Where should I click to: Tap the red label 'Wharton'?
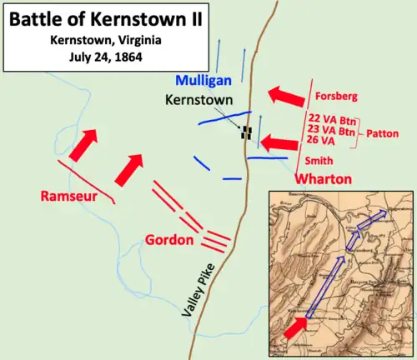click(324, 179)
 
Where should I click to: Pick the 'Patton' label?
click(381, 132)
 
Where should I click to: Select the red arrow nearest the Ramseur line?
click(81, 147)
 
